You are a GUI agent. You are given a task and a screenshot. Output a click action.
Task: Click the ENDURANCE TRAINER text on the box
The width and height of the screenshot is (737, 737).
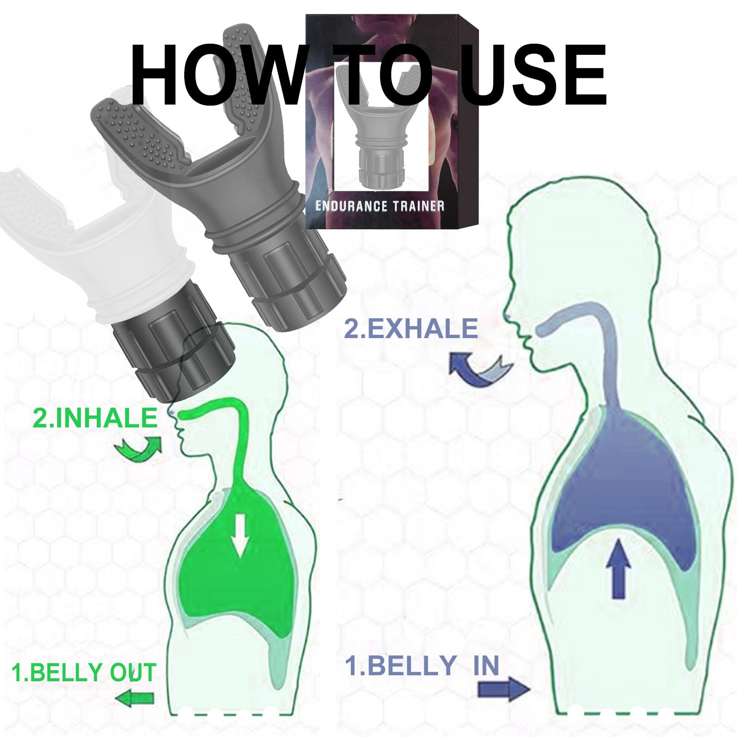click(380, 205)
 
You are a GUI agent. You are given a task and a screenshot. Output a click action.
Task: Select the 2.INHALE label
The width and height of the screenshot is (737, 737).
click(95, 418)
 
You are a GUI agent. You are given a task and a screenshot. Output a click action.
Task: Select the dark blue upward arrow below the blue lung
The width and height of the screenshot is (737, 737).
click(621, 569)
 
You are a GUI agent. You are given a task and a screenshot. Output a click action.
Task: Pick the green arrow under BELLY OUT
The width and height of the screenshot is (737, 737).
click(134, 699)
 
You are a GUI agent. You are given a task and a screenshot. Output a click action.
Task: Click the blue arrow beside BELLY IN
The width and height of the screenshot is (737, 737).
click(503, 690)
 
